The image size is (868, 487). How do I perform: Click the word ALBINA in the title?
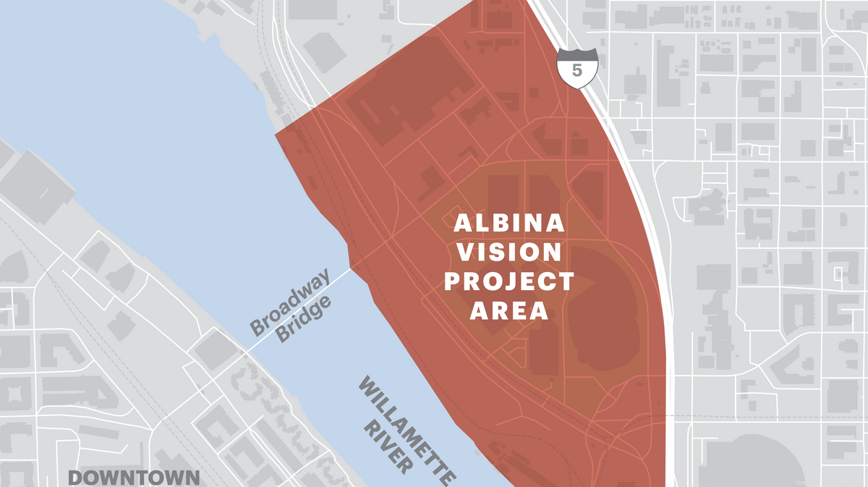click(509, 224)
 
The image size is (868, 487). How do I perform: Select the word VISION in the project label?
click(509, 253)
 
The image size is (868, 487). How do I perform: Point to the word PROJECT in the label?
click(509, 281)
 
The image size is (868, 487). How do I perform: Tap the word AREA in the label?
click(509, 310)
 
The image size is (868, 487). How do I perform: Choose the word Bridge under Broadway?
click(305, 319)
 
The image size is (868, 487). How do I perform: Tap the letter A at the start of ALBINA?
click(461, 224)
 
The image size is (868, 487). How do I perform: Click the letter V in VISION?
click(464, 253)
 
